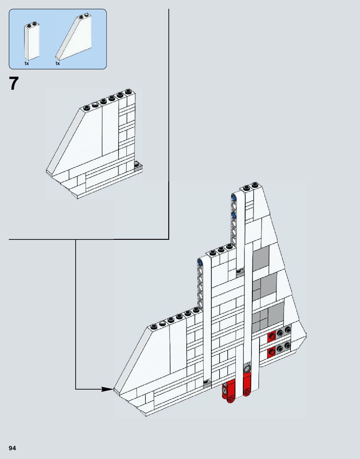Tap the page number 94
tap(13, 448)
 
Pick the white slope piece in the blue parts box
tap(75, 38)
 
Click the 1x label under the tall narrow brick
tap(27, 63)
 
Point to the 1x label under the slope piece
tap(58, 63)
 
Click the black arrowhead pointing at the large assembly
tap(108, 389)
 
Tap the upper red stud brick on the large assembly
tap(271, 336)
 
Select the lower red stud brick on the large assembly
tap(271, 353)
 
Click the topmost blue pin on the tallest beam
tap(233, 197)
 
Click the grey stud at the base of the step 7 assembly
tap(137, 164)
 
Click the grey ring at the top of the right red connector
tap(247, 368)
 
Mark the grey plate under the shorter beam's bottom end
tap(206, 383)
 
